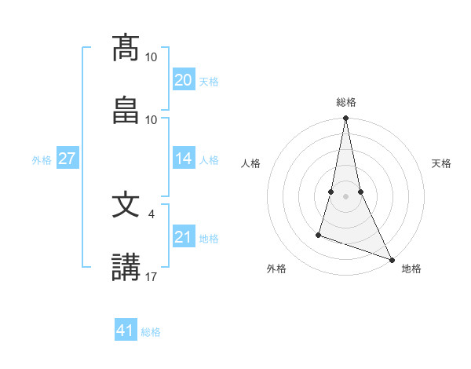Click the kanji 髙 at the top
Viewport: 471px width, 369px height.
(x=126, y=48)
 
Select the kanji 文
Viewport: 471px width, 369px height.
(x=126, y=205)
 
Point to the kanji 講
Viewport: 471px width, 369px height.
(x=126, y=268)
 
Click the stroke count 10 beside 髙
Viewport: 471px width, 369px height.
(x=152, y=57)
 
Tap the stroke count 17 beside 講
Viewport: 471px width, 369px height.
(x=152, y=276)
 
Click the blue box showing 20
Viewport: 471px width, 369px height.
(x=184, y=80)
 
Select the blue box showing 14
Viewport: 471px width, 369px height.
(x=184, y=159)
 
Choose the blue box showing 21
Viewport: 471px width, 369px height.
(x=184, y=237)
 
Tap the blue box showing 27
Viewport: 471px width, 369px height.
(x=67, y=159)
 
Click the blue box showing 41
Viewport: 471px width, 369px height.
(x=126, y=331)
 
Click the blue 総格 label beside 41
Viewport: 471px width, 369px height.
(x=151, y=332)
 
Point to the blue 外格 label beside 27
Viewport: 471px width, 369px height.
(x=42, y=160)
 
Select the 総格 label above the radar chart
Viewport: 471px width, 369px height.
(x=345, y=102)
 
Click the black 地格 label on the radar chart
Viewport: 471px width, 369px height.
(x=411, y=269)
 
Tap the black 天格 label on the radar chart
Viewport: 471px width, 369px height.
(x=441, y=163)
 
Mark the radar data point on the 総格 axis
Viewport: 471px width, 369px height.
(x=345, y=119)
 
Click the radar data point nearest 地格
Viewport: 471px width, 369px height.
(x=391, y=259)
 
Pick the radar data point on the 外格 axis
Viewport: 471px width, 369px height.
(x=319, y=234)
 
